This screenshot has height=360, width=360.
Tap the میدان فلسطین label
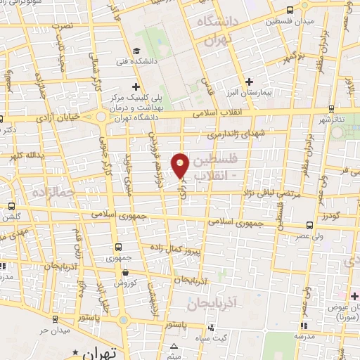pyautogui.click(x=266, y=21)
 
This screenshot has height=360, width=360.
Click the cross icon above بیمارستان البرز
pyautogui.click(x=250, y=82)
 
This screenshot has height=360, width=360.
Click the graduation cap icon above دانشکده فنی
pyautogui.click(x=136, y=50)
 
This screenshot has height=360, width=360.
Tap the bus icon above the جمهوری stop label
pyautogui.click(x=118, y=247)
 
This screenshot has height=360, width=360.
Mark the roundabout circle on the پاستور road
pyautogui.click(x=124, y=321)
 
